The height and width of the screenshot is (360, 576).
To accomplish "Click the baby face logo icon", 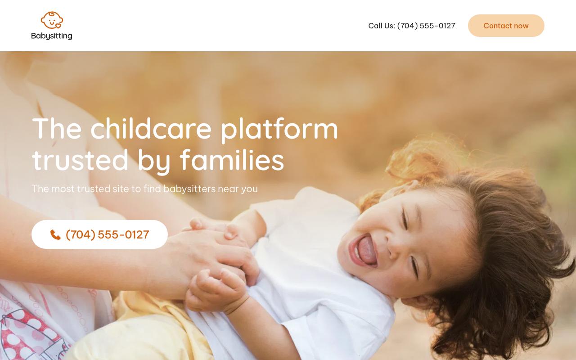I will (x=52, y=20).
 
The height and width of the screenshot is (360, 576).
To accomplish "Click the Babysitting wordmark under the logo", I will (x=52, y=36).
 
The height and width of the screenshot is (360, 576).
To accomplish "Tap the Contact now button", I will (x=506, y=26).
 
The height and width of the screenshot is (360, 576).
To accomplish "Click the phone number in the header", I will (x=426, y=26).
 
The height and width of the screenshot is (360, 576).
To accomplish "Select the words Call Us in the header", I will (x=381, y=26).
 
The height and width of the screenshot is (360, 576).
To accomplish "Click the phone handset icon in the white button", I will (x=55, y=235).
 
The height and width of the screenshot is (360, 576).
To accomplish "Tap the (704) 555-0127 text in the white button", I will (x=107, y=235).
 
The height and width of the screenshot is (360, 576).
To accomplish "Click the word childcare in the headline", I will (x=151, y=128).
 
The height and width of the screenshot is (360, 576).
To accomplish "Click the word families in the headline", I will (x=232, y=160).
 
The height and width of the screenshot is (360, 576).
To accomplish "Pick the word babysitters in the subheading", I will (x=189, y=189).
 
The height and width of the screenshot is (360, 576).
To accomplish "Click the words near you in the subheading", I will (x=238, y=189).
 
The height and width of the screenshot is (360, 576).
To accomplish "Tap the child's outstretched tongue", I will (x=367, y=251).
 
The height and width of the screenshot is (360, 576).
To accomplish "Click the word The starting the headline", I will (x=57, y=128).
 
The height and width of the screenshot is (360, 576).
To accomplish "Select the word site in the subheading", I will (x=121, y=189).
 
